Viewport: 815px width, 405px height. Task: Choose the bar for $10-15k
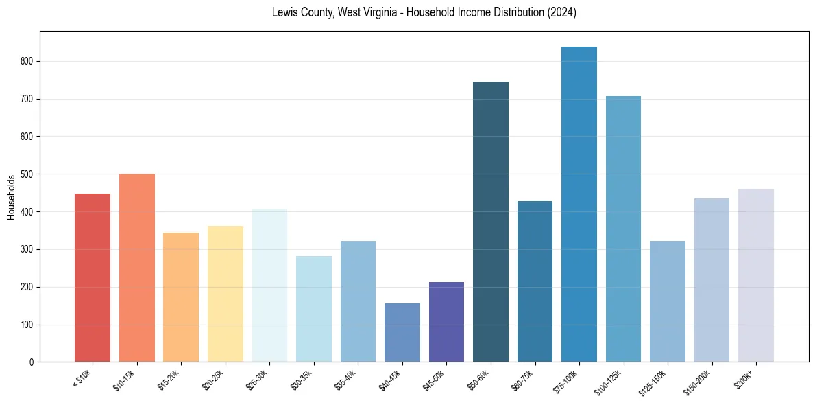coord(137,268)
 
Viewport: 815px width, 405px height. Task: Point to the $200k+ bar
coord(756,275)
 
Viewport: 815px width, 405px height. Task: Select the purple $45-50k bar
coord(446,322)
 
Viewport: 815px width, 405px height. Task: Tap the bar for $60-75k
coord(535,281)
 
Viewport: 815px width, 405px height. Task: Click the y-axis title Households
coord(11,197)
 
